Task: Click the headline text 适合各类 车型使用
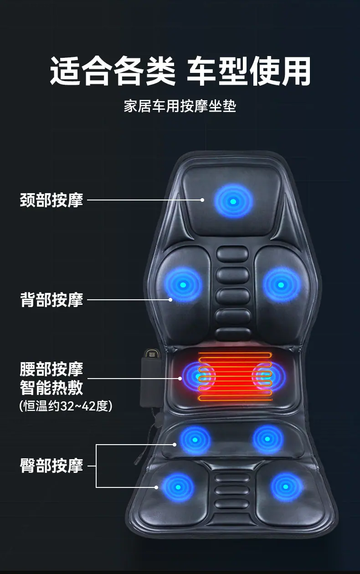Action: [180, 71]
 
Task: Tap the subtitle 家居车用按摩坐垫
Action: [180, 106]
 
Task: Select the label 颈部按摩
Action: [51, 200]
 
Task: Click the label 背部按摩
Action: [51, 299]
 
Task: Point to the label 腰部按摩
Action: [51, 369]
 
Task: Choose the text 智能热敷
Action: [51, 387]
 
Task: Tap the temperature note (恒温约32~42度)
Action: [66, 406]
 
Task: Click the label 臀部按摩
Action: [51, 466]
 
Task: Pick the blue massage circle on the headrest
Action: [233, 201]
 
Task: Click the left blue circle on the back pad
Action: [183, 285]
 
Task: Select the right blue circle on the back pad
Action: [281, 285]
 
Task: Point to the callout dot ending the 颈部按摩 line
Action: [202, 200]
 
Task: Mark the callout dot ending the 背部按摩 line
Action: [170, 299]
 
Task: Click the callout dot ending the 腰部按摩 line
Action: [180, 378]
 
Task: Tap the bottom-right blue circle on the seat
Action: [286, 487]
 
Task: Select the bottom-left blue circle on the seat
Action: [178, 487]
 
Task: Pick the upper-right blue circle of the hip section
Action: [267, 439]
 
